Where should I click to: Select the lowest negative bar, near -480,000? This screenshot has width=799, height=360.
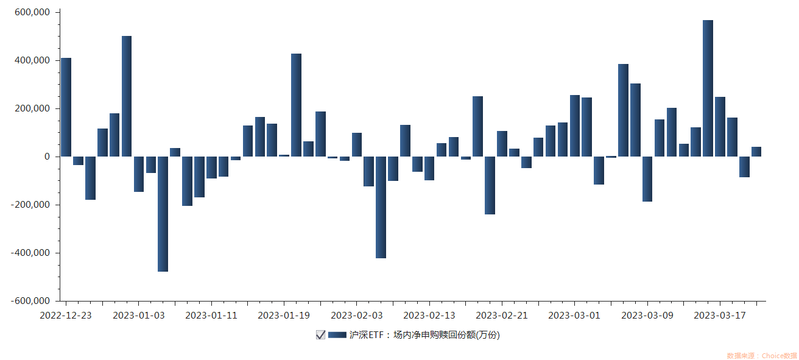163,214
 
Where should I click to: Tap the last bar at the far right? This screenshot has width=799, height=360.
756,152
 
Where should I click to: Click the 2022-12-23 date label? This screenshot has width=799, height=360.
66,315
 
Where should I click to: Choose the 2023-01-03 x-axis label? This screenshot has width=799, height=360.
138,315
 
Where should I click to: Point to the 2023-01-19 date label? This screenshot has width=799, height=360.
284,315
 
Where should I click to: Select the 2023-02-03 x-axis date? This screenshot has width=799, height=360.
356,315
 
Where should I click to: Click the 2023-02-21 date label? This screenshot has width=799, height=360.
502,315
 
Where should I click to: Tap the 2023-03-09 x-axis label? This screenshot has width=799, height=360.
647,315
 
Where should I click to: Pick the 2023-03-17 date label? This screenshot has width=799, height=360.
720,315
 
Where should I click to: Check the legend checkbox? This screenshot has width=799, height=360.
320,334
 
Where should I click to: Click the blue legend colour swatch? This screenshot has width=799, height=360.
337,334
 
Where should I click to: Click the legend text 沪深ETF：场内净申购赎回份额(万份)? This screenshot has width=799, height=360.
424,334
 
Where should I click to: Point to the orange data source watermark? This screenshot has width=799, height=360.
761,355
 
